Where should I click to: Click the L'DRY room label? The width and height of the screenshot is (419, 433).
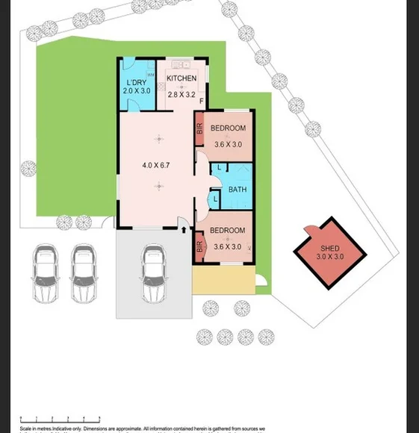[x=136, y=81]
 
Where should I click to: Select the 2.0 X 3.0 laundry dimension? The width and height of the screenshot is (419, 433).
[x=136, y=90]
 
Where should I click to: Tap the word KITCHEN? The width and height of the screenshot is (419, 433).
[x=181, y=78]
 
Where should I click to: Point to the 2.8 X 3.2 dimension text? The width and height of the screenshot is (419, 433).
[x=181, y=95]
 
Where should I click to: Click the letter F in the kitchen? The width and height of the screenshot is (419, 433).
[x=201, y=101]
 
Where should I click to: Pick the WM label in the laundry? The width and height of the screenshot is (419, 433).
[x=150, y=74]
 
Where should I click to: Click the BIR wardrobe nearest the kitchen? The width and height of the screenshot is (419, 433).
[x=199, y=129]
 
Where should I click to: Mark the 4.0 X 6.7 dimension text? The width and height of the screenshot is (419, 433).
[x=157, y=165]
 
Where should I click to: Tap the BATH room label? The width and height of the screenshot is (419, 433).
[x=238, y=190]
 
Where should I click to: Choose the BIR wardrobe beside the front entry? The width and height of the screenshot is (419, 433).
[x=199, y=246]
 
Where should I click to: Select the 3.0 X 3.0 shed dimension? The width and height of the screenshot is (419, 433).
[x=329, y=257]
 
